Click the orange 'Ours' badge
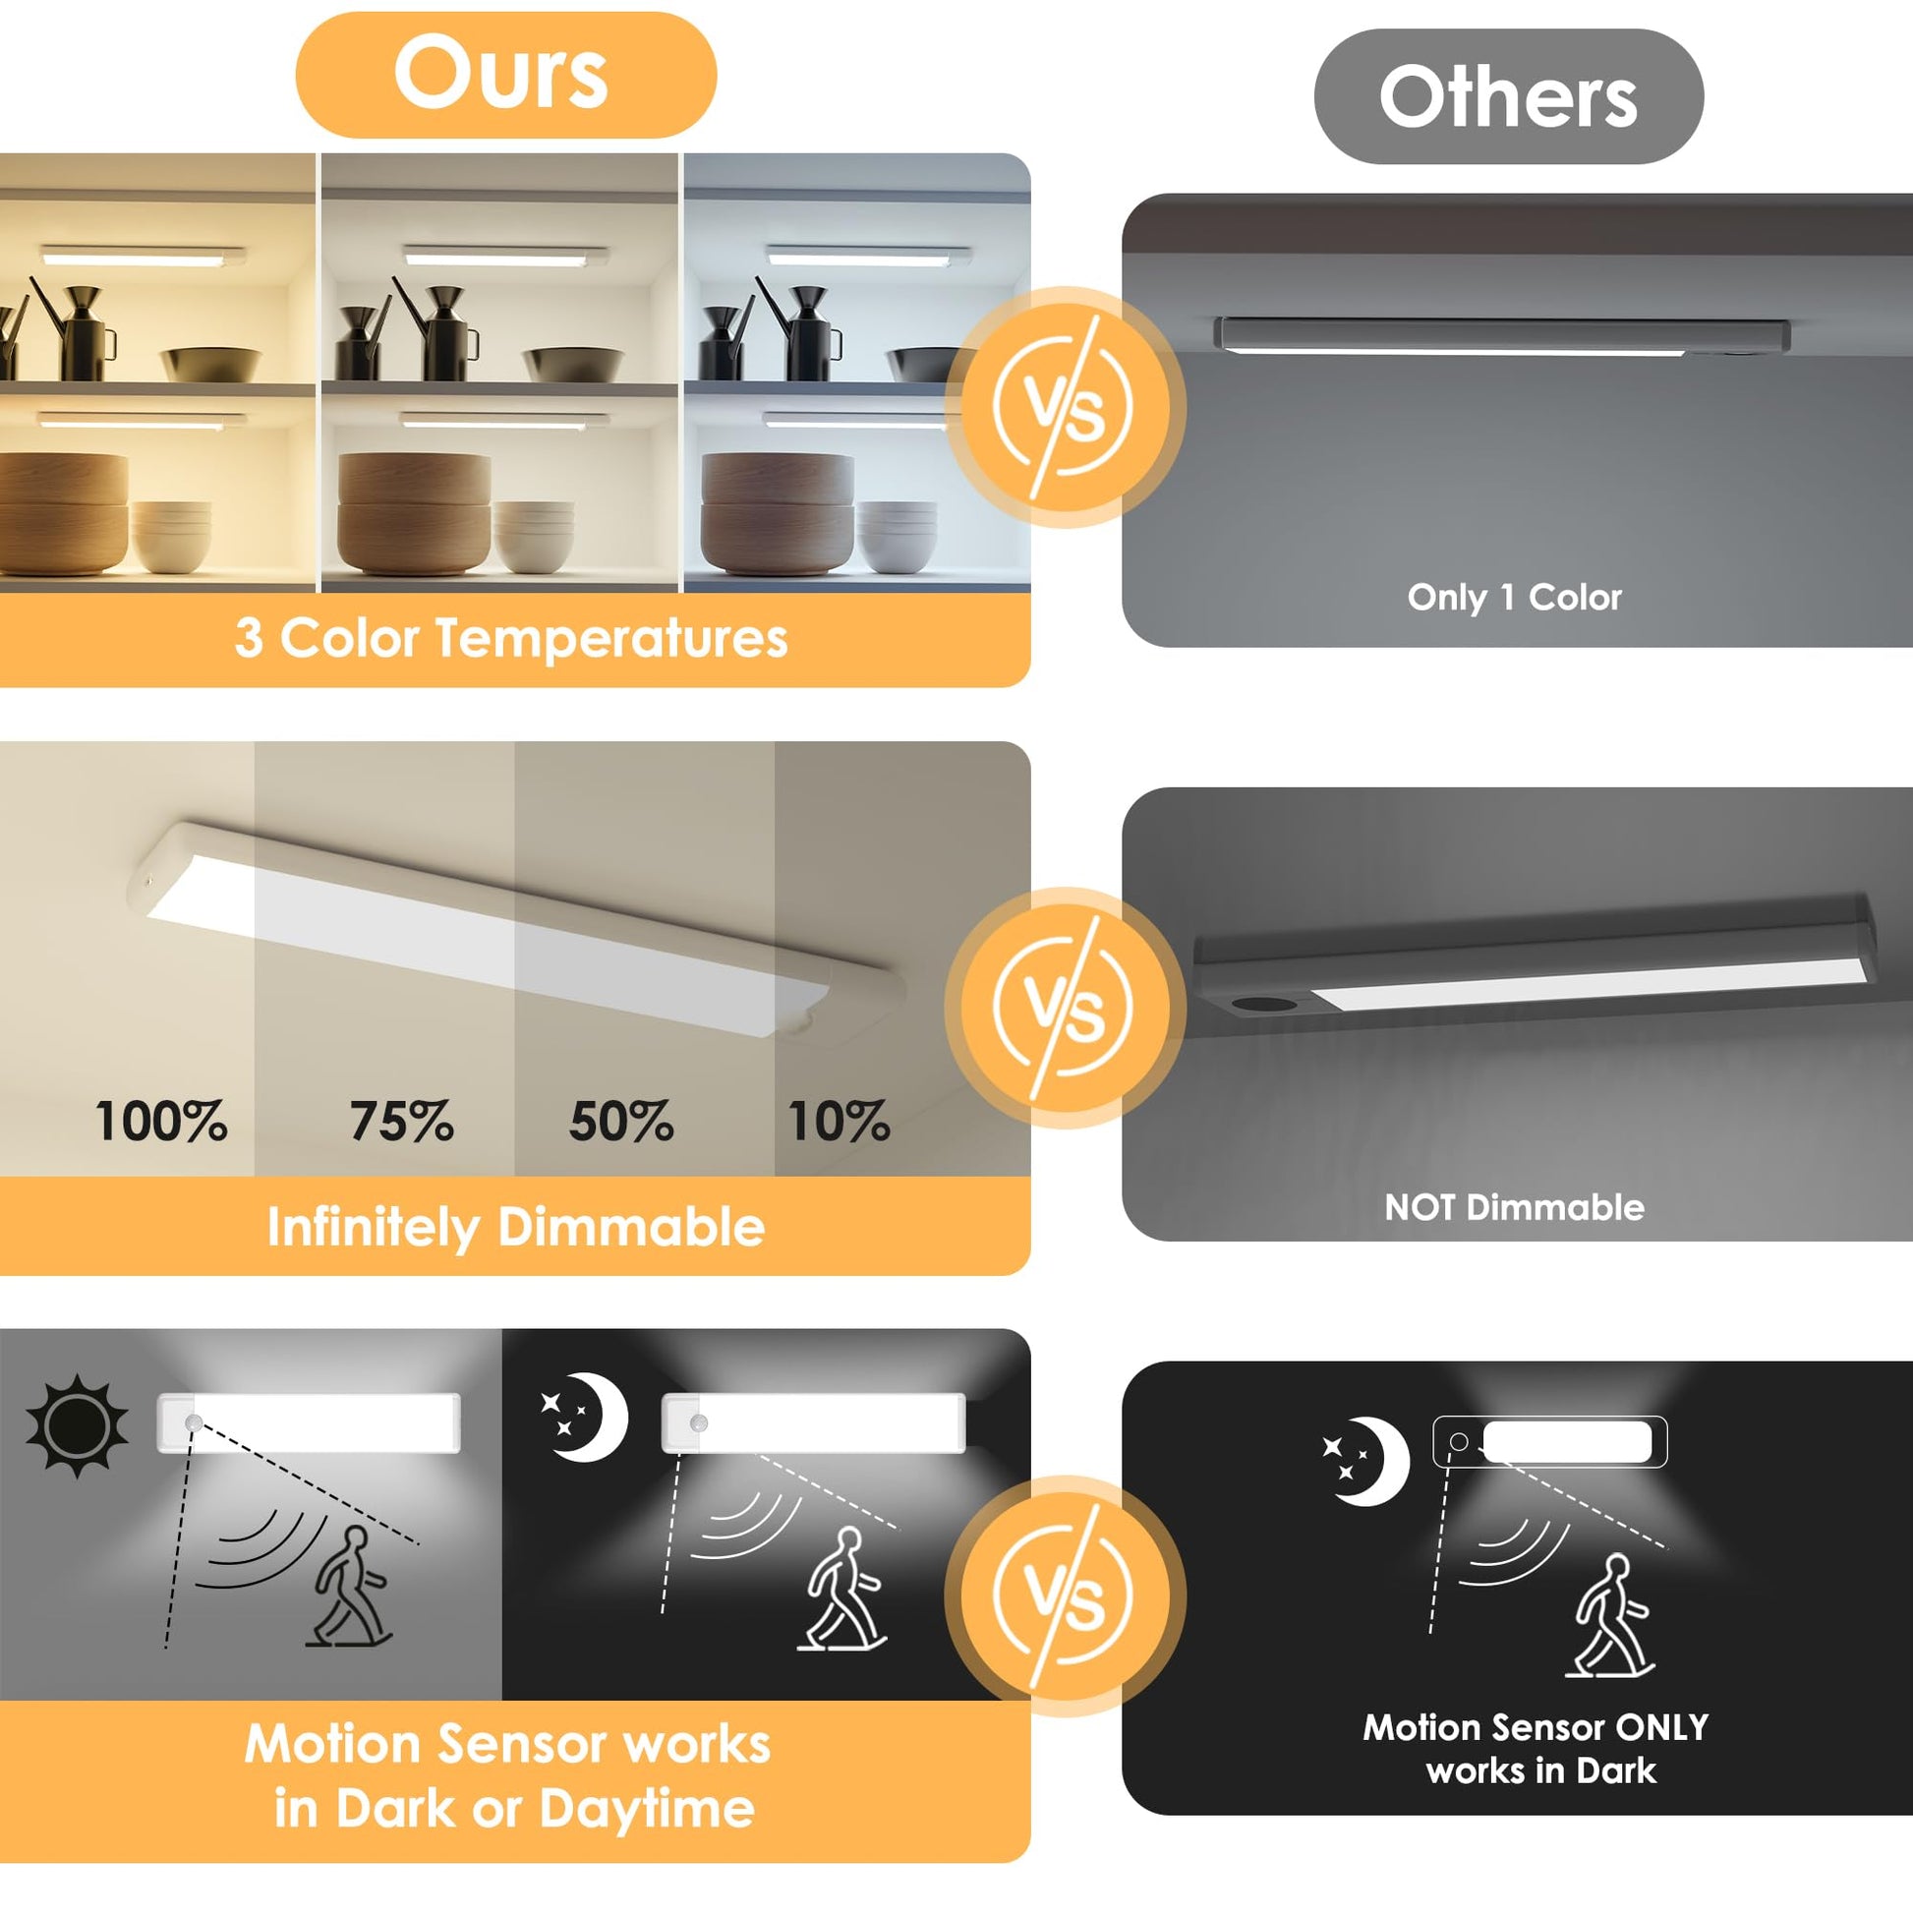[506, 75]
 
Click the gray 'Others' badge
[1508, 96]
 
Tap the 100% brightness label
[161, 1122]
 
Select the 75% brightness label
[402, 1122]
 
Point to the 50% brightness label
[622, 1122]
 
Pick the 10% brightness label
[839, 1122]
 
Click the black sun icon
[78, 1425]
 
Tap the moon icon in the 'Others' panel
[1367, 1462]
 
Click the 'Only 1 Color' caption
[1515, 597]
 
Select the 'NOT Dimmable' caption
[1514, 1207]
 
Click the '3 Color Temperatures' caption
[511, 638]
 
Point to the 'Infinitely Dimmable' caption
[516, 1228]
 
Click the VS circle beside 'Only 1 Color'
[1066, 407]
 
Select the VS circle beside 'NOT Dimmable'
[1066, 1007]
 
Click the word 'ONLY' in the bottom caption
[1661, 1728]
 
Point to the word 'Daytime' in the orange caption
[647, 1809]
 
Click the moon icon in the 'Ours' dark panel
[585, 1417]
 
